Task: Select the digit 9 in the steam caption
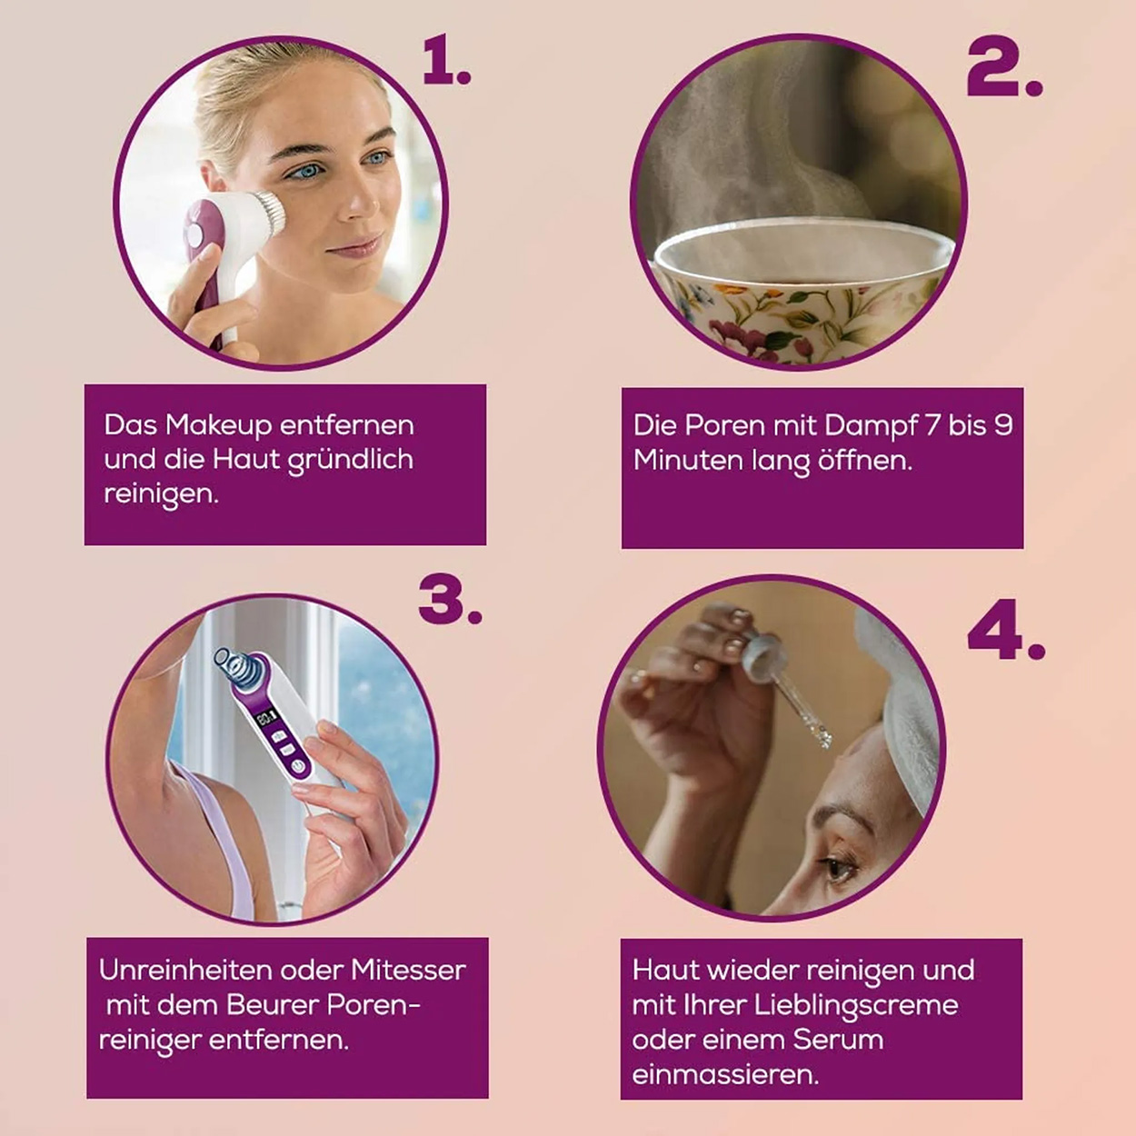click(1002, 425)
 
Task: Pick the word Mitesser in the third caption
click(409, 970)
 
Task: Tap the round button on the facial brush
click(194, 235)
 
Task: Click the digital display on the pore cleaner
click(265, 718)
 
